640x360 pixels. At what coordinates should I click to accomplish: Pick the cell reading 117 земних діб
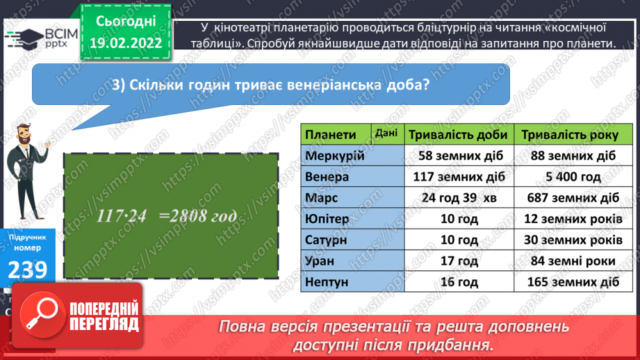pyautogui.click(x=459, y=177)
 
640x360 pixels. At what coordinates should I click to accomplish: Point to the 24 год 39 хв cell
pyautogui.click(x=459, y=198)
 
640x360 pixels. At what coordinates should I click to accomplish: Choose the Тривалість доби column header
pyautogui.click(x=459, y=135)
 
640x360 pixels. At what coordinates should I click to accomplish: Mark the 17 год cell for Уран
pyautogui.click(x=459, y=261)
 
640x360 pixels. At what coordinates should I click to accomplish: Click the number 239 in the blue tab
pyautogui.click(x=28, y=270)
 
